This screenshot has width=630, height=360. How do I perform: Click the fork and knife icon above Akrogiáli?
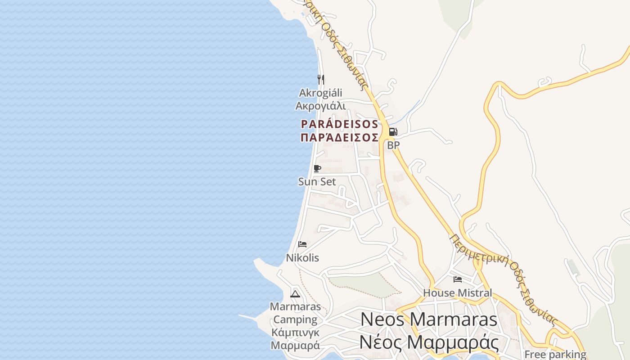click(x=321, y=80)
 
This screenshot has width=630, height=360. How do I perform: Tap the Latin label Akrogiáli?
click(x=320, y=93)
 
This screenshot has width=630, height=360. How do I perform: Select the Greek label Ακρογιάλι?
click(x=320, y=106)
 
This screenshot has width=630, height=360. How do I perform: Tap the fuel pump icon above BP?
click(x=393, y=132)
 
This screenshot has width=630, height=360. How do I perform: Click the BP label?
click(x=393, y=145)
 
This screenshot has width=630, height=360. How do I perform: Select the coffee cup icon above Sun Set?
click(x=317, y=169)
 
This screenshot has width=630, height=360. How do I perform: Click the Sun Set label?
click(x=317, y=182)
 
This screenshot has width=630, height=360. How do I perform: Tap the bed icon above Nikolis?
click(x=302, y=244)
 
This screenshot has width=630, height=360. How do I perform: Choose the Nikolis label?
click(x=302, y=258)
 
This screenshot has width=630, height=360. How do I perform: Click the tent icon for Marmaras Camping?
click(x=295, y=294)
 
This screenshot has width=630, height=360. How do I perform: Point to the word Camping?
click(x=295, y=320)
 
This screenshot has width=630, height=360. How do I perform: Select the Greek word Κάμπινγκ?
click(x=295, y=333)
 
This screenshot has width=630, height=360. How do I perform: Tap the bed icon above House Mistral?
click(x=458, y=279)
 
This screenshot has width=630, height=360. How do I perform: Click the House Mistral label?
click(x=457, y=293)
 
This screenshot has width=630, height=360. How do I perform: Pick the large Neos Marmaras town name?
click(x=428, y=319)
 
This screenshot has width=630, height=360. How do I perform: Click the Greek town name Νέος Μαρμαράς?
click(x=428, y=342)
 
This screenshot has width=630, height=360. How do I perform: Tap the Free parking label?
click(x=555, y=354)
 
